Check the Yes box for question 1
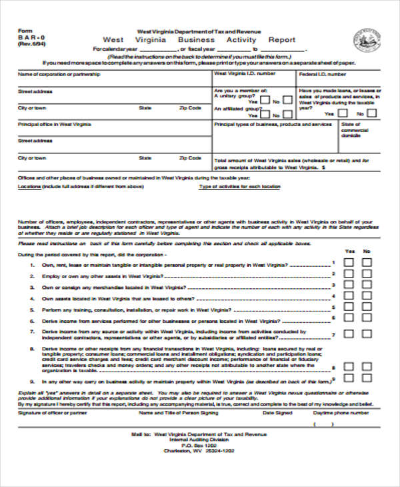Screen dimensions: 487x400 point(349,263)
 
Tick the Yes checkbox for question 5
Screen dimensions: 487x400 point(349,310)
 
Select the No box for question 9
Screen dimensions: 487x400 point(367,381)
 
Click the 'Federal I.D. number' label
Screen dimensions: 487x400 point(323,74)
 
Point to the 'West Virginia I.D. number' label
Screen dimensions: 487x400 point(244,74)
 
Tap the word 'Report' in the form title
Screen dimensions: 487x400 point(281,40)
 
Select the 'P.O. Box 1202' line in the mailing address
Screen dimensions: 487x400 point(200,444)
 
